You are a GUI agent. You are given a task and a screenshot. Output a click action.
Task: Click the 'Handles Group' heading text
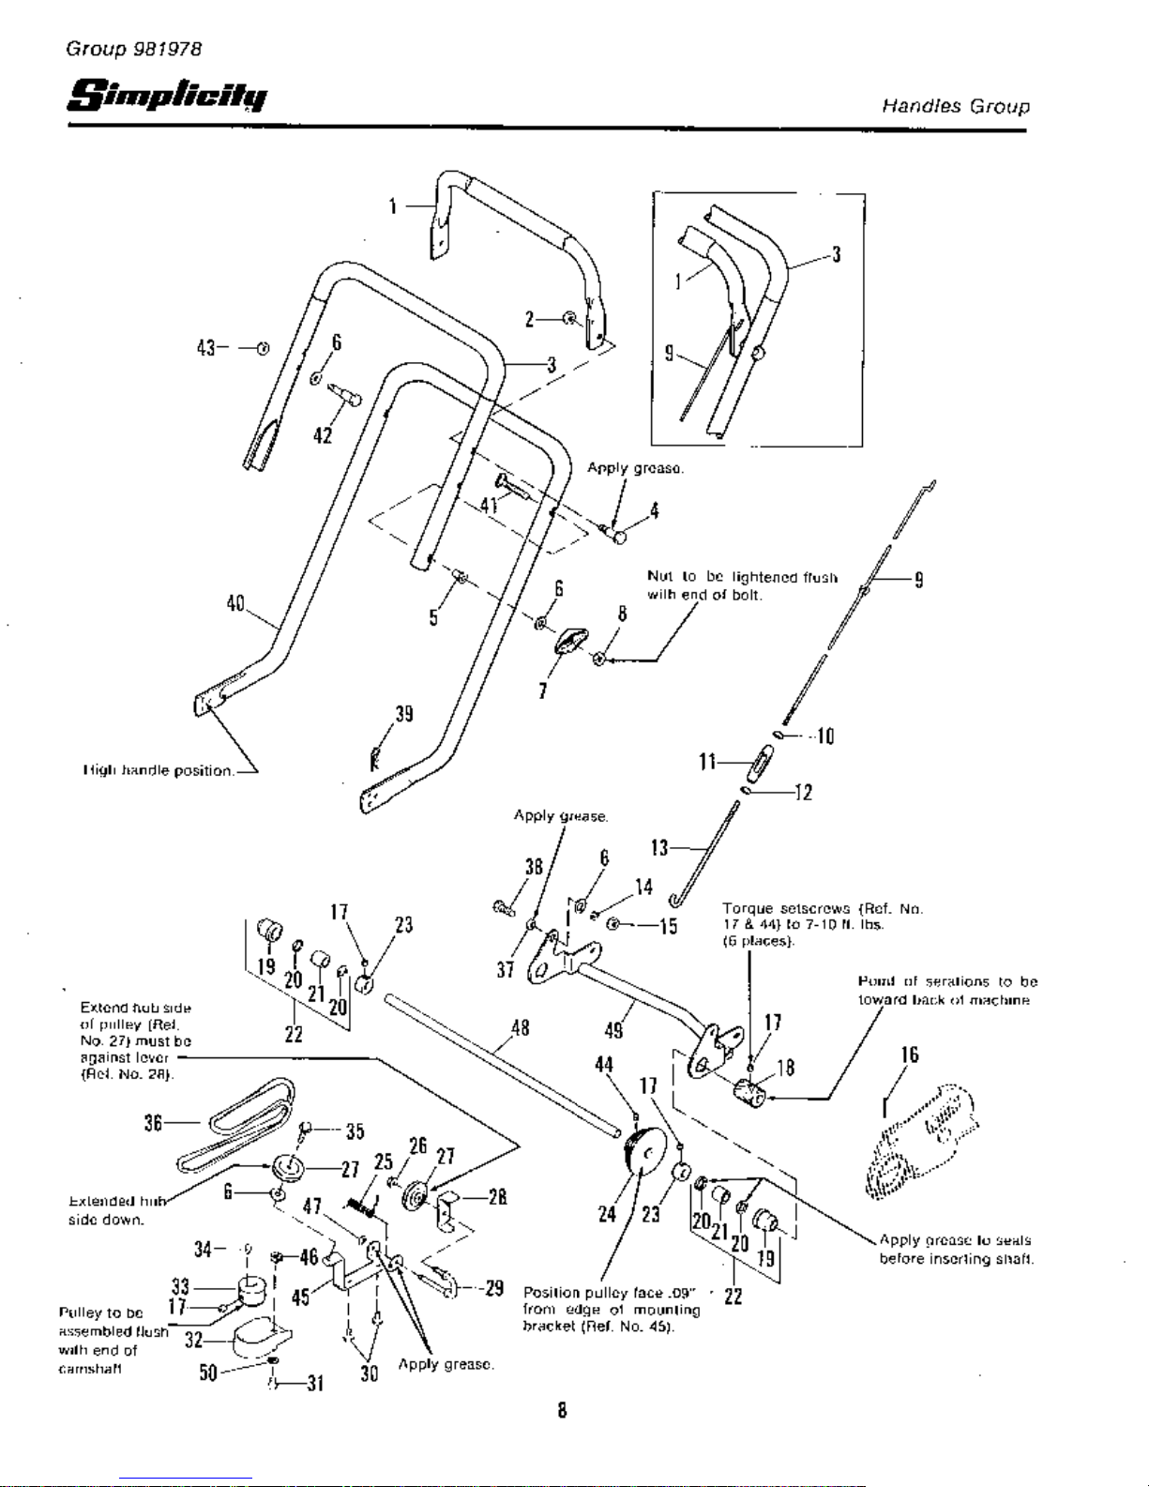(955, 106)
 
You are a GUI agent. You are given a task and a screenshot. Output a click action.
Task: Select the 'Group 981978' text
(133, 49)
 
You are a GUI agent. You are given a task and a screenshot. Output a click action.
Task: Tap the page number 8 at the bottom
(561, 1410)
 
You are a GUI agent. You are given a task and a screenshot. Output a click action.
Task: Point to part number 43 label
(206, 348)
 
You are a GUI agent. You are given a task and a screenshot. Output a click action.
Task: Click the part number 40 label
(235, 603)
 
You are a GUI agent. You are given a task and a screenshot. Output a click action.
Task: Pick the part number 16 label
(909, 1055)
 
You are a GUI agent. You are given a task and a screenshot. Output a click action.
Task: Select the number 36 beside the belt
(154, 1122)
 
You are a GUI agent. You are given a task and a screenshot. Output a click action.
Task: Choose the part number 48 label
(520, 1028)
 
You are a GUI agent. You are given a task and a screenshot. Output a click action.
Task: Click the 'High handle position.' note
(158, 770)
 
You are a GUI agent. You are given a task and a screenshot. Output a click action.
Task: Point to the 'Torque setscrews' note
(822, 924)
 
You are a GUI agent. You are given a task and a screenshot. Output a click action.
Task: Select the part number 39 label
(403, 714)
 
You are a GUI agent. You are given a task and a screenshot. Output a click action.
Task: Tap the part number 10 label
(824, 736)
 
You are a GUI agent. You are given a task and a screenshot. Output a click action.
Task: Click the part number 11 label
(708, 762)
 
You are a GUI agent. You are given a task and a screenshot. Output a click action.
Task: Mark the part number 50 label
(208, 1373)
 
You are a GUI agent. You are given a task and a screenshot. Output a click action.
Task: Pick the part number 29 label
(495, 1287)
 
